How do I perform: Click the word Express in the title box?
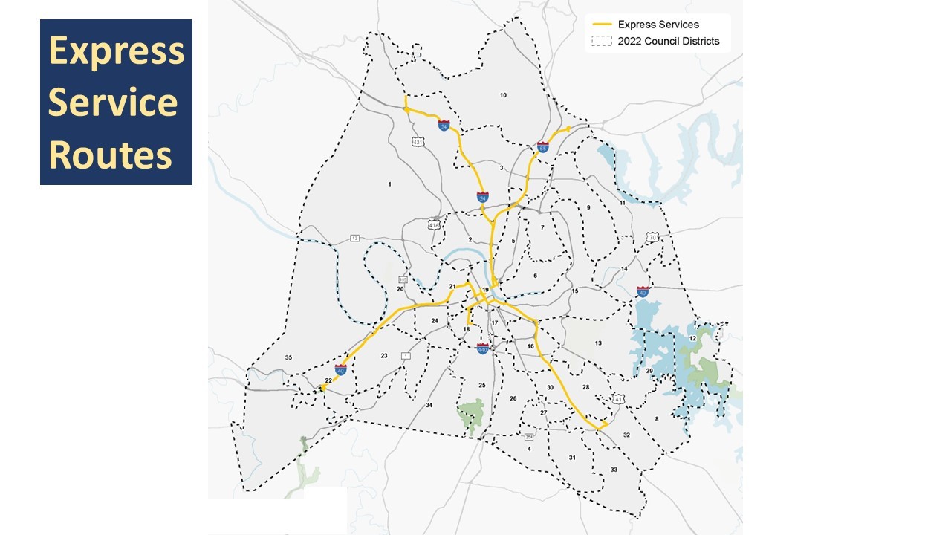(x=116, y=51)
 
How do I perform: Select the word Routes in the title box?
(x=110, y=155)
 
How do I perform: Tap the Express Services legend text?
(x=658, y=25)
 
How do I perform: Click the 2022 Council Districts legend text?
(x=668, y=42)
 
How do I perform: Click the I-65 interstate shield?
(x=544, y=146)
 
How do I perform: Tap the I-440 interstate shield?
(x=482, y=348)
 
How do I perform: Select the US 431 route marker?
(x=419, y=141)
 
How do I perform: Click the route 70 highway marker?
(x=652, y=238)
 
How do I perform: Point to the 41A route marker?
(x=435, y=224)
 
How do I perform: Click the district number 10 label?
(x=503, y=95)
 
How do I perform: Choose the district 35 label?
(x=288, y=358)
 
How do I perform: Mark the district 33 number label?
(x=614, y=470)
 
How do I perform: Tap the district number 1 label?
(x=389, y=184)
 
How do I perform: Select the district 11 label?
(x=623, y=203)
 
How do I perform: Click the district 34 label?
(x=429, y=405)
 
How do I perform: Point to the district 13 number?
(x=598, y=343)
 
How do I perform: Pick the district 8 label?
(x=656, y=419)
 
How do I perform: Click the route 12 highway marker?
(x=354, y=238)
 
